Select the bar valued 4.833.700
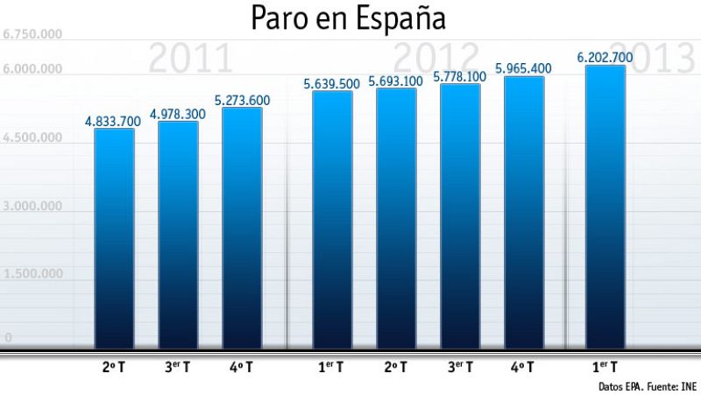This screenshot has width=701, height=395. pos(114,236)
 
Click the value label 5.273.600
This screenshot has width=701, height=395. pos(243,100)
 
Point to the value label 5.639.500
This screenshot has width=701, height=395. pos(331,83)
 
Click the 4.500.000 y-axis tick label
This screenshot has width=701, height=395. pos(33,138)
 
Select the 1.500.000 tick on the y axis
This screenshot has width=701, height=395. pos(33,273)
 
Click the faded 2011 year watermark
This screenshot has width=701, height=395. pos(191,60)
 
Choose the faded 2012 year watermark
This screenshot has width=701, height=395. pos(435,58)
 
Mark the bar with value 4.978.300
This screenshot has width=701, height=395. pos(178,232)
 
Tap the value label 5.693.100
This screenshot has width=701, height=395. pos(396,81)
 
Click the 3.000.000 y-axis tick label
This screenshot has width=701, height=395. pos(33,206)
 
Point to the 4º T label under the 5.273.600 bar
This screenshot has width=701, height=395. pos(243,365)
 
